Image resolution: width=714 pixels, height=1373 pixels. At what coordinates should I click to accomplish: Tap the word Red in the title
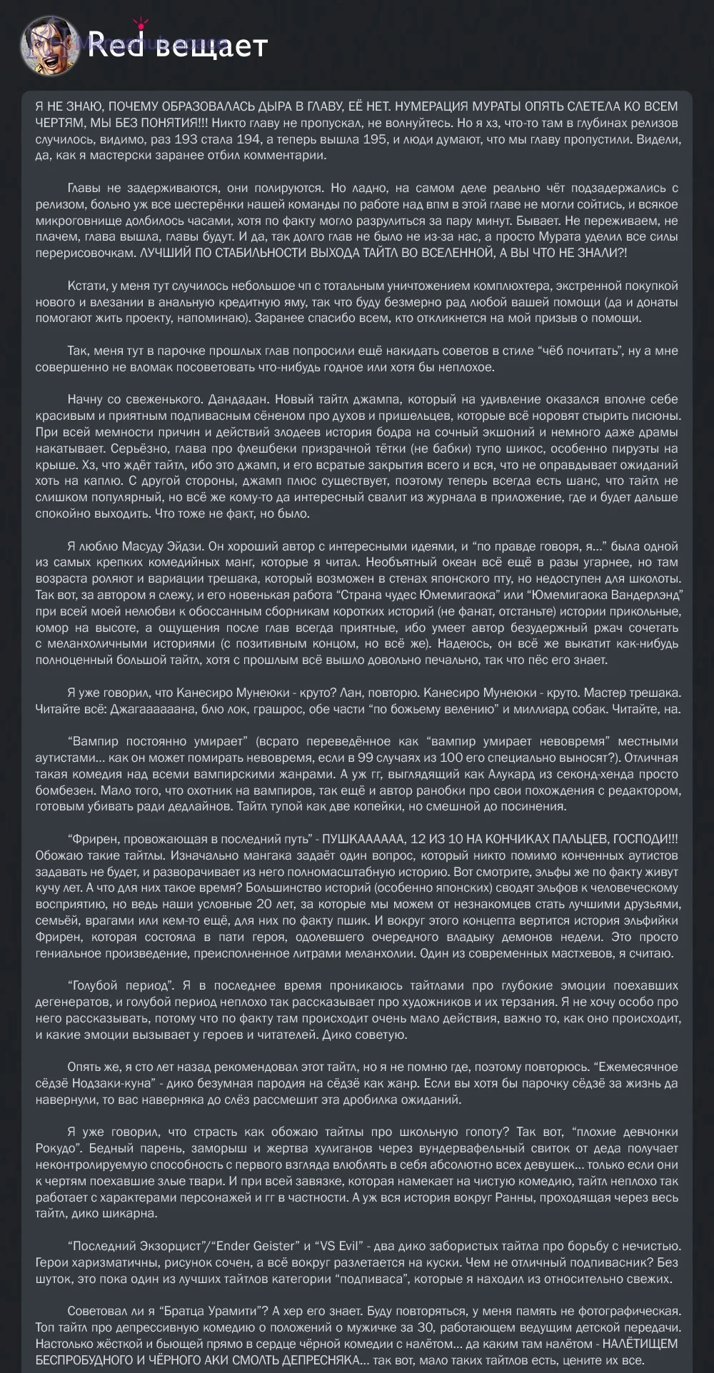point(116,46)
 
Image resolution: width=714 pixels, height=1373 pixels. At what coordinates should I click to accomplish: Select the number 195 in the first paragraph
point(375,139)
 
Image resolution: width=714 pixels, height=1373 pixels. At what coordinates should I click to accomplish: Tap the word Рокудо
point(57,1148)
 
